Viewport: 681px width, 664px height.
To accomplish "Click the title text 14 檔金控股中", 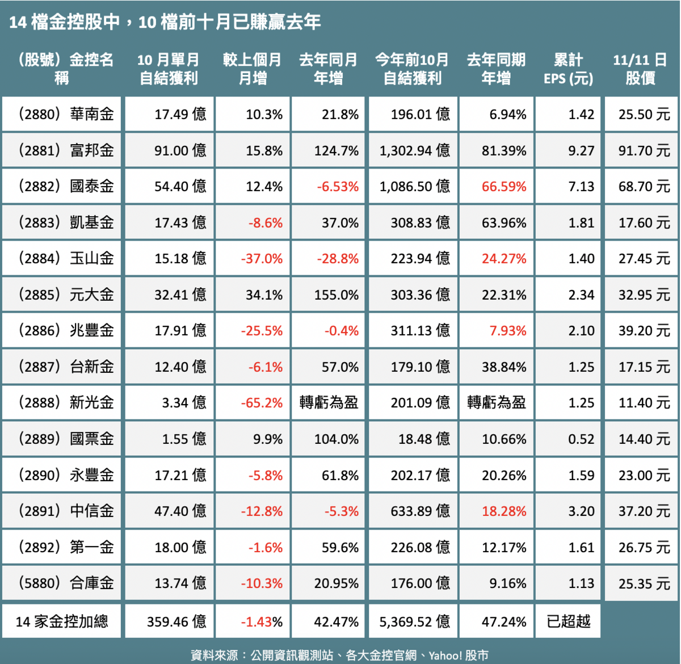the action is [x=64, y=22].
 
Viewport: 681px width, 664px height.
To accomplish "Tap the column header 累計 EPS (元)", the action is [x=568, y=69].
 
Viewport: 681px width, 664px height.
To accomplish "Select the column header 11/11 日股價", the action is [x=640, y=69].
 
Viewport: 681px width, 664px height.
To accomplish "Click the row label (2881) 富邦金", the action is [x=66, y=150].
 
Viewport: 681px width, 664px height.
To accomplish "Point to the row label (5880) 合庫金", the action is [x=66, y=583].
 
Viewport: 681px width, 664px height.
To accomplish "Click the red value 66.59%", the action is [x=504, y=187].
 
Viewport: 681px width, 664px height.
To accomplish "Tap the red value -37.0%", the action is [x=262, y=259].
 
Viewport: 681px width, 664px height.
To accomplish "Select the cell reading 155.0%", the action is [x=337, y=295].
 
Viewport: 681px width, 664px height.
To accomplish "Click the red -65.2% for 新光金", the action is [x=262, y=402].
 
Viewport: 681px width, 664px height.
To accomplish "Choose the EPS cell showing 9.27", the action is [x=581, y=150].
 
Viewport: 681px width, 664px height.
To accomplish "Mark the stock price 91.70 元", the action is [x=644, y=150].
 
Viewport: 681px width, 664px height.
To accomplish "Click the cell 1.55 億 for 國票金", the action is [x=184, y=439].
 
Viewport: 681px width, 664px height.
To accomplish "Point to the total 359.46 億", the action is [x=176, y=621].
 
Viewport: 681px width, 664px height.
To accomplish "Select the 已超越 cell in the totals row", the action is [x=568, y=621].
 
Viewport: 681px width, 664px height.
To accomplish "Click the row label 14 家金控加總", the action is [x=62, y=621].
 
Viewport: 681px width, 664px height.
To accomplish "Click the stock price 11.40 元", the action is [x=644, y=402].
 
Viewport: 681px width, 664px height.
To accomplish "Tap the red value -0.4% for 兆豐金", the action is [x=342, y=331].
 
